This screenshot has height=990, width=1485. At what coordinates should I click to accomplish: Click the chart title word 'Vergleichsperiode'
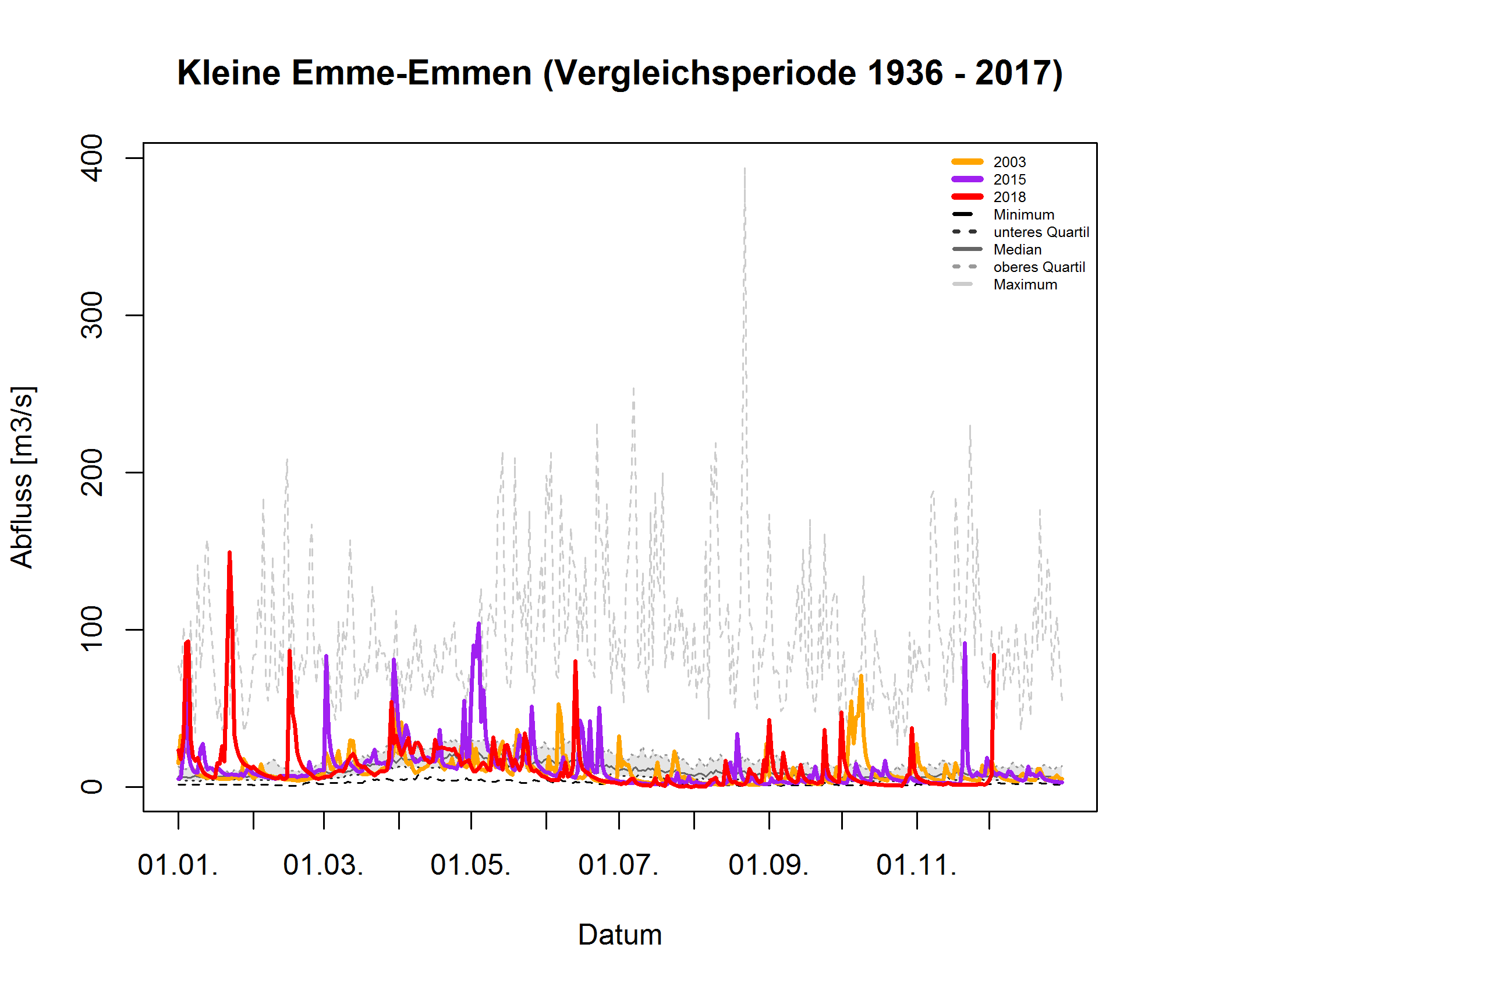point(710,73)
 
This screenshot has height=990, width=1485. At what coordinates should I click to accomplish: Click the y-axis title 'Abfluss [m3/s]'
point(23,477)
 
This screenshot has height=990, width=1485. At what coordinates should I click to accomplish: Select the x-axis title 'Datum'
point(619,935)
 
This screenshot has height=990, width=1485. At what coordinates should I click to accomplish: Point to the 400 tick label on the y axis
point(93,158)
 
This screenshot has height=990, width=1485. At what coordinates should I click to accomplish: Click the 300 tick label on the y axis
point(93,315)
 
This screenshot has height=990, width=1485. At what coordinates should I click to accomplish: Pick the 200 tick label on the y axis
point(93,472)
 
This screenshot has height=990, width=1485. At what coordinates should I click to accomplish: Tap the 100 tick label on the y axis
point(93,629)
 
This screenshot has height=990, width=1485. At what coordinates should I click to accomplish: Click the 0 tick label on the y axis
point(93,787)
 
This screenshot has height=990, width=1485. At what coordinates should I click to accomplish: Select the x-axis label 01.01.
point(178,865)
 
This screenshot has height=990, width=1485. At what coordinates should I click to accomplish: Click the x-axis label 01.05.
point(470,865)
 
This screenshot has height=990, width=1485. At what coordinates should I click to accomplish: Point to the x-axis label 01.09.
point(768,865)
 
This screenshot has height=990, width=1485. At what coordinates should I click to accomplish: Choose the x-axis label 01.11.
point(916,865)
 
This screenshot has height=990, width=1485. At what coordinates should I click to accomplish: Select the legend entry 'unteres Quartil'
point(1040,232)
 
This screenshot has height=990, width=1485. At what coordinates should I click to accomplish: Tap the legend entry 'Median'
point(1017,250)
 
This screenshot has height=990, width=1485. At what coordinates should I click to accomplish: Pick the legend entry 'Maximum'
point(1025,285)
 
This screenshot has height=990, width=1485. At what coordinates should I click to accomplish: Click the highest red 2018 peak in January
point(229,553)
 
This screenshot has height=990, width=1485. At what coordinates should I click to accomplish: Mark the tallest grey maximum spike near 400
point(745,169)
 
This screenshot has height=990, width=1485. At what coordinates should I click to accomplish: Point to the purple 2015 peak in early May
point(479,624)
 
